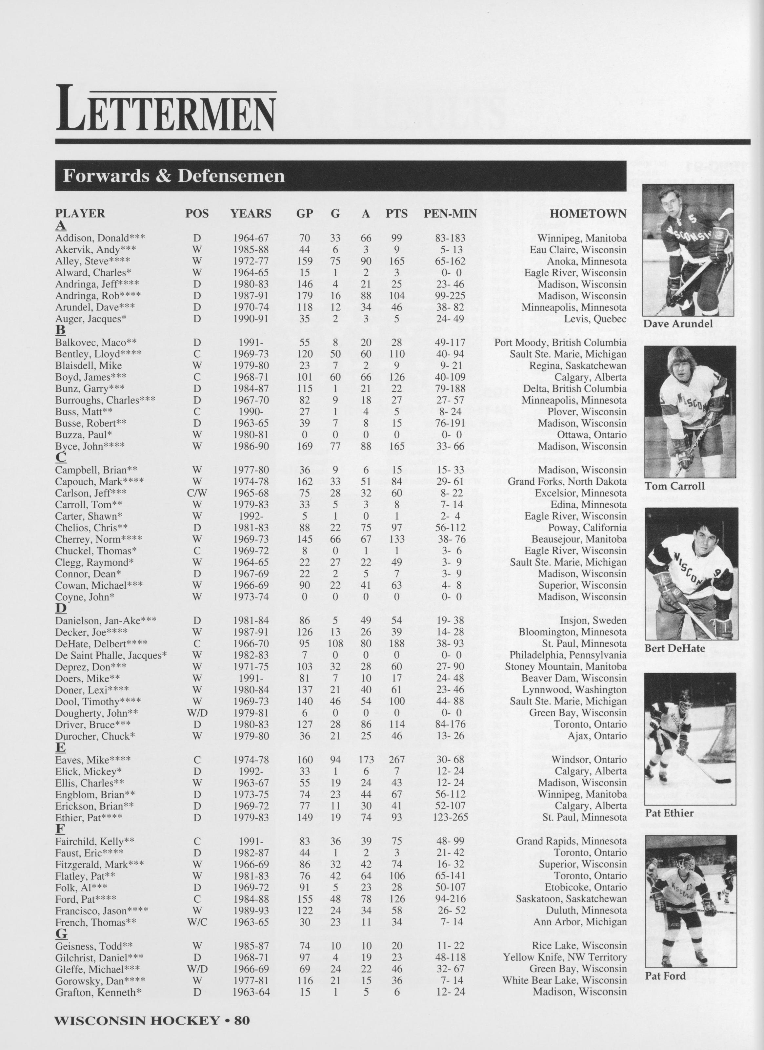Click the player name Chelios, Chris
(91, 528)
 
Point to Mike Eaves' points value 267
(396, 760)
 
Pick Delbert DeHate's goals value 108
(335, 643)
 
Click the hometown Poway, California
(587, 528)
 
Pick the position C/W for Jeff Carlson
(197, 493)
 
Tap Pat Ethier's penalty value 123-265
(450, 818)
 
